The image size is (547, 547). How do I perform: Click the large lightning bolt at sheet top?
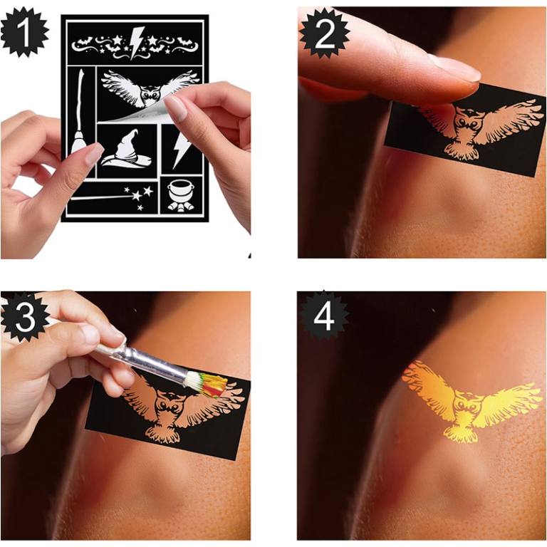(x=136, y=41)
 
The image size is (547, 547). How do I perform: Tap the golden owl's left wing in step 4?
(x=427, y=388)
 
